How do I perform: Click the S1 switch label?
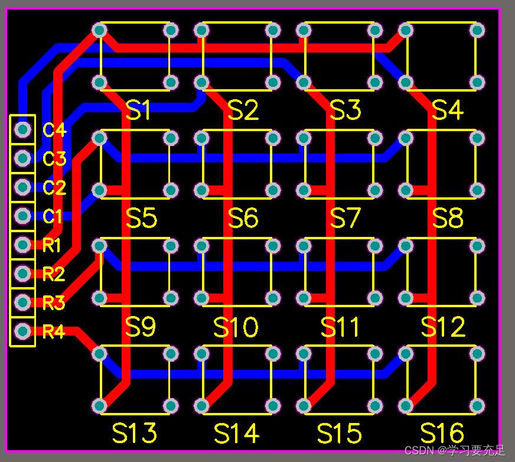[139, 110]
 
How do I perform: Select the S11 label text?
[340, 327]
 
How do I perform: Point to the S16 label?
[442, 433]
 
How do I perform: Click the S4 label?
[448, 110]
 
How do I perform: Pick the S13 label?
[135, 433]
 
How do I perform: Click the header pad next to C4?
[23, 129]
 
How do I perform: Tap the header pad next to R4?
[23, 330]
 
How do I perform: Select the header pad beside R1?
[23, 244]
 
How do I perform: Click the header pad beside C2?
[23, 187]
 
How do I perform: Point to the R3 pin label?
[54, 303]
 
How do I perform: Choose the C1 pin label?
[53, 216]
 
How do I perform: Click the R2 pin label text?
[54, 274]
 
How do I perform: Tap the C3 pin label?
[54, 158]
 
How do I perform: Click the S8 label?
[448, 219]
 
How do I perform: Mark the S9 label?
[141, 327]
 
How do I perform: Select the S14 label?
[236, 433]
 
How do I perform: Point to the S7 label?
[345, 219]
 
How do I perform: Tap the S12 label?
[443, 327]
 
